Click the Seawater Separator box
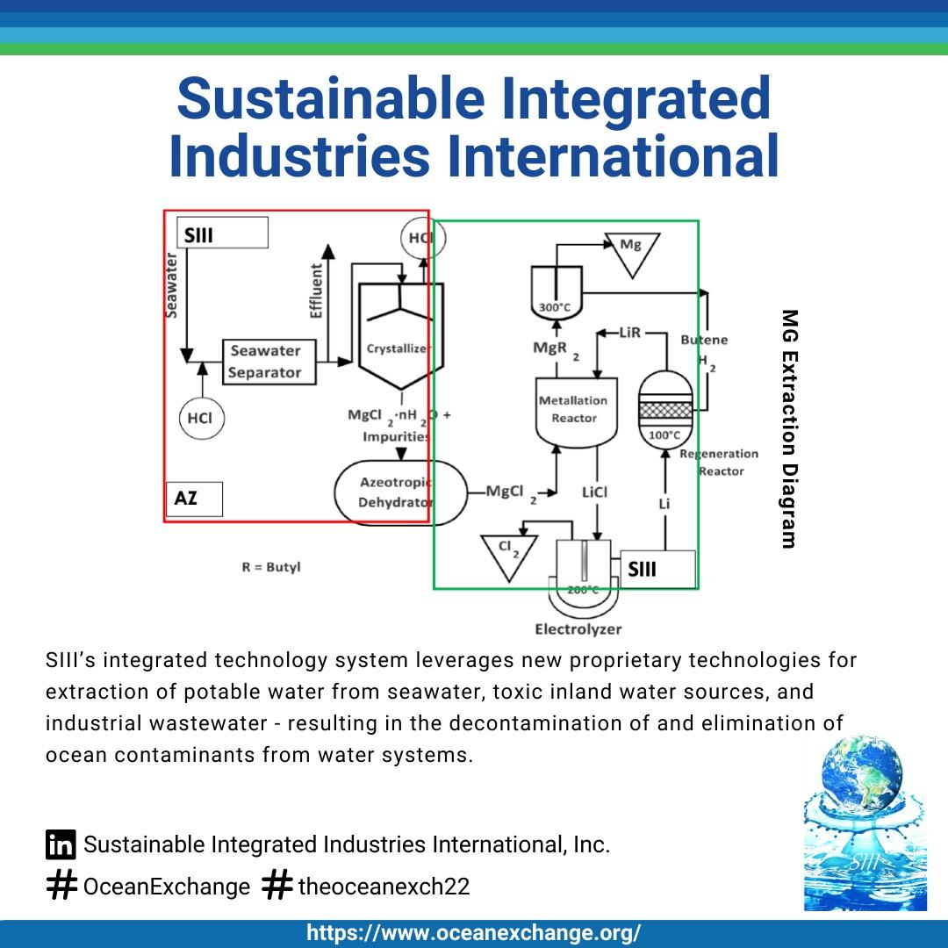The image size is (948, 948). tap(264, 362)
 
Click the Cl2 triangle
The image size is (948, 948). tap(504, 555)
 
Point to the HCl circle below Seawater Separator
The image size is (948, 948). tap(200, 418)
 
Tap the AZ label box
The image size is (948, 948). tap(193, 499)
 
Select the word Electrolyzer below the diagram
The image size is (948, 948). tap(578, 629)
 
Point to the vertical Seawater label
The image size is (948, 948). tap(173, 285)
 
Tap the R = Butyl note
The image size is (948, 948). tap(270, 567)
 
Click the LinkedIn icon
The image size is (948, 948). tap(61, 844)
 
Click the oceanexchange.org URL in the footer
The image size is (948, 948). tap(474, 933)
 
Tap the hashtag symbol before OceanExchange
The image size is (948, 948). tap(61, 886)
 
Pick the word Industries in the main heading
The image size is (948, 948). tap(299, 155)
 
